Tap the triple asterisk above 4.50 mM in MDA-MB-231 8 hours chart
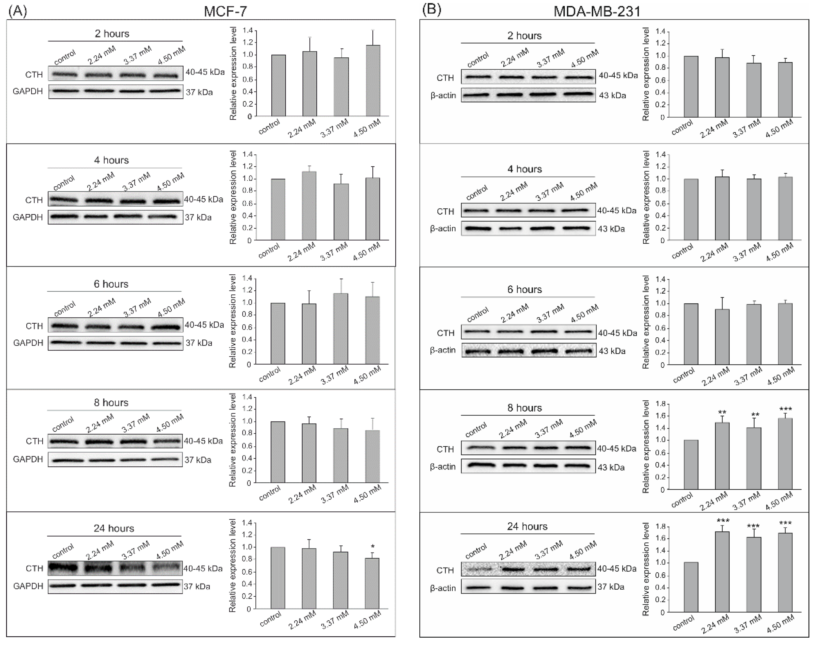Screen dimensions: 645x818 [786, 409]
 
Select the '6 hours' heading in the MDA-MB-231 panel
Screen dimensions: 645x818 [525, 290]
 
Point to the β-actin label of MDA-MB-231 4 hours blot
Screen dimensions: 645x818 [443, 228]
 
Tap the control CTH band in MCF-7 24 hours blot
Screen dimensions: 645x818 [63, 568]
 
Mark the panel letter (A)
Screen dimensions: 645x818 [17, 11]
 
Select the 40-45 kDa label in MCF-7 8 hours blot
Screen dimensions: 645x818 [203, 441]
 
